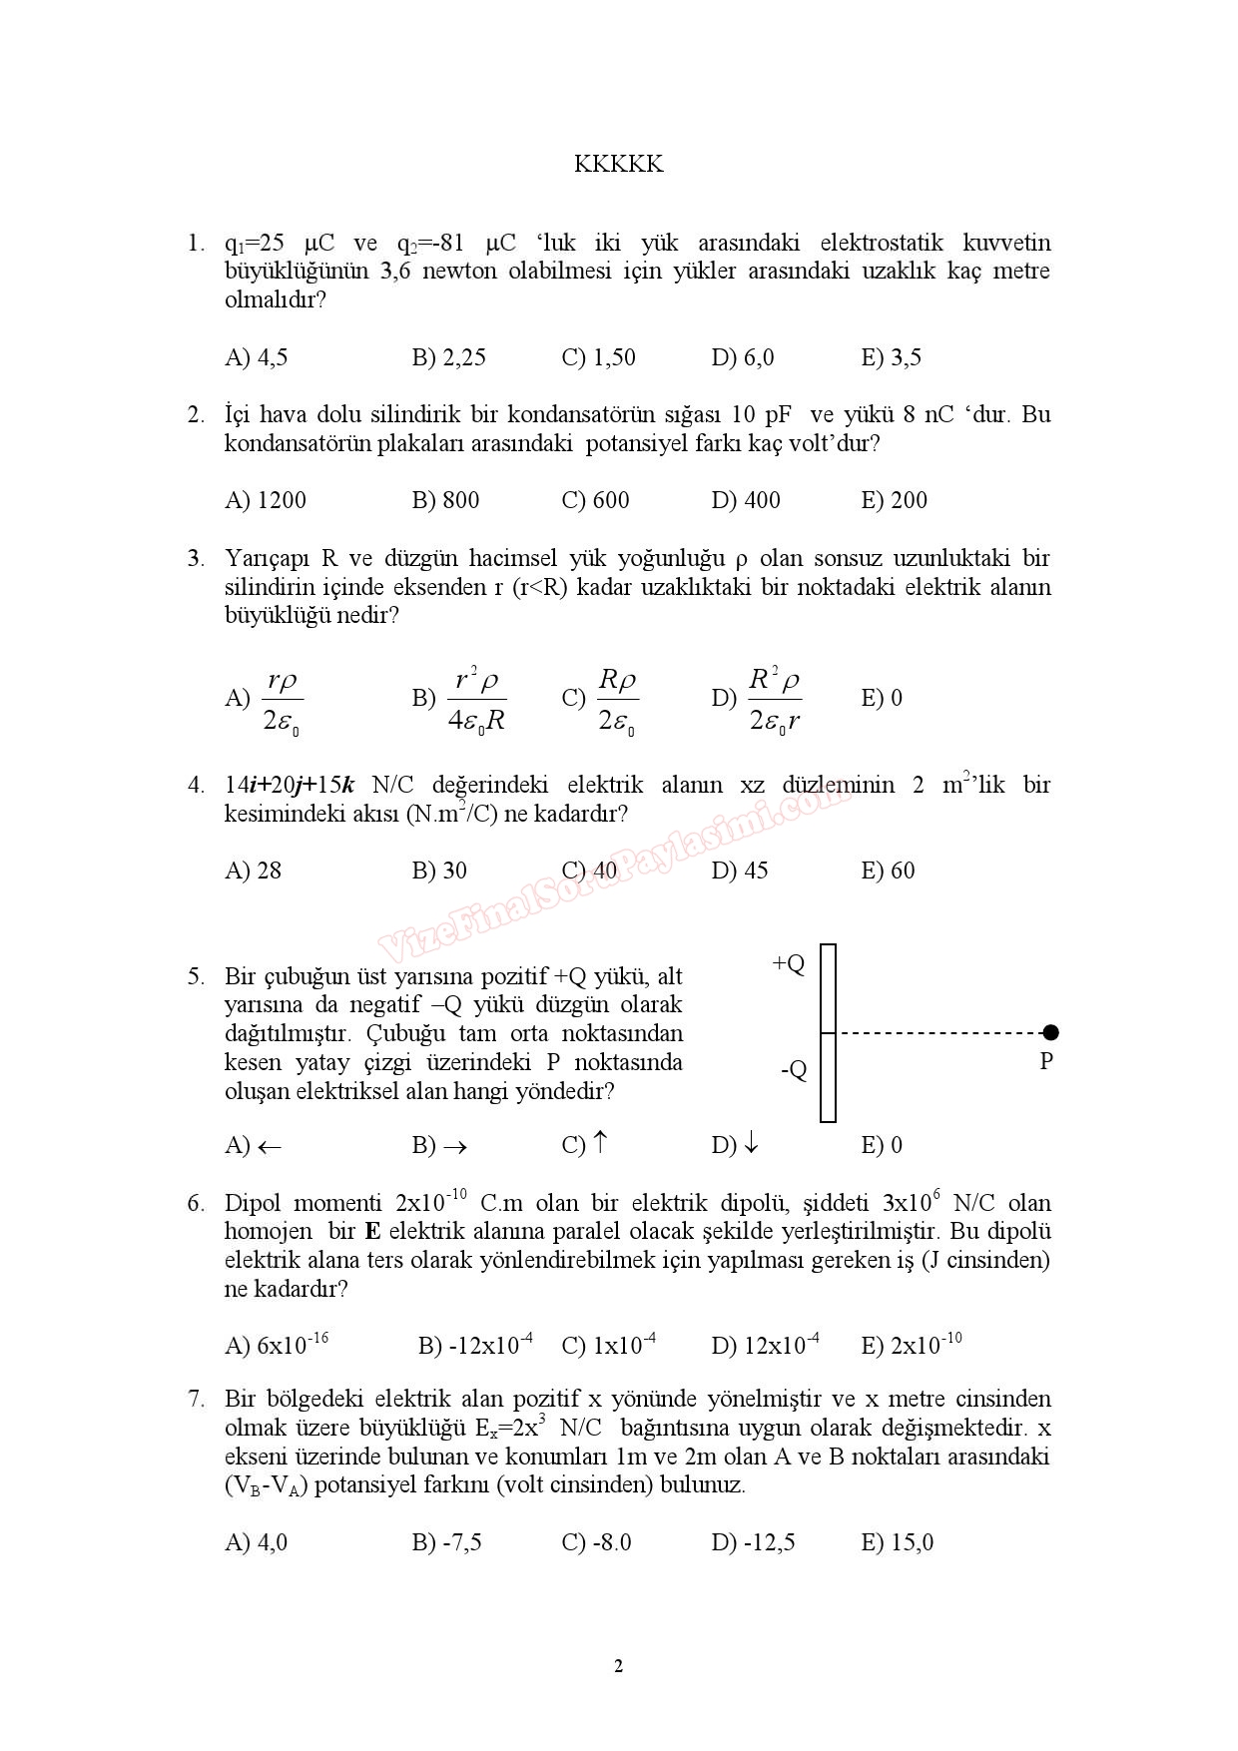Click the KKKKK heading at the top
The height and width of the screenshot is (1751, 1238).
click(618, 165)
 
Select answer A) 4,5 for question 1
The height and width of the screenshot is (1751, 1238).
click(257, 357)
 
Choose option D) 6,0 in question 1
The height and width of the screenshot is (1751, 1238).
click(743, 357)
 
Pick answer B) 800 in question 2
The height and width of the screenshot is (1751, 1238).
click(446, 500)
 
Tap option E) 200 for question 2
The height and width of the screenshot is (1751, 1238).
click(895, 500)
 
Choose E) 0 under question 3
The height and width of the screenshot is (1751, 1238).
click(882, 698)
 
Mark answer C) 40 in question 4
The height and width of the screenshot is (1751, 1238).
click(590, 871)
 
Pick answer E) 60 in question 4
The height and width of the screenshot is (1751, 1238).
click(889, 871)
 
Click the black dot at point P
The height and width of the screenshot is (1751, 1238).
click(1048, 1032)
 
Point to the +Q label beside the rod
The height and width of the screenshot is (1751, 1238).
click(789, 963)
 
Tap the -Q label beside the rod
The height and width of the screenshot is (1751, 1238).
click(794, 1070)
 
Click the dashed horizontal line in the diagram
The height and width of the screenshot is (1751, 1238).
click(938, 1032)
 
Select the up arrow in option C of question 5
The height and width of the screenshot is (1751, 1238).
click(600, 1143)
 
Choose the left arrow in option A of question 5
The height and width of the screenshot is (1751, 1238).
click(270, 1147)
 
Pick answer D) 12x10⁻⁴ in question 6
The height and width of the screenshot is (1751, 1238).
click(766, 1345)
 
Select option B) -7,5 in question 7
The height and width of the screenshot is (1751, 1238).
click(447, 1542)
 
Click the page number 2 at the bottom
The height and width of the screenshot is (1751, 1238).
click(618, 1666)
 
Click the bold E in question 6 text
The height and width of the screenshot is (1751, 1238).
click(373, 1232)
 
